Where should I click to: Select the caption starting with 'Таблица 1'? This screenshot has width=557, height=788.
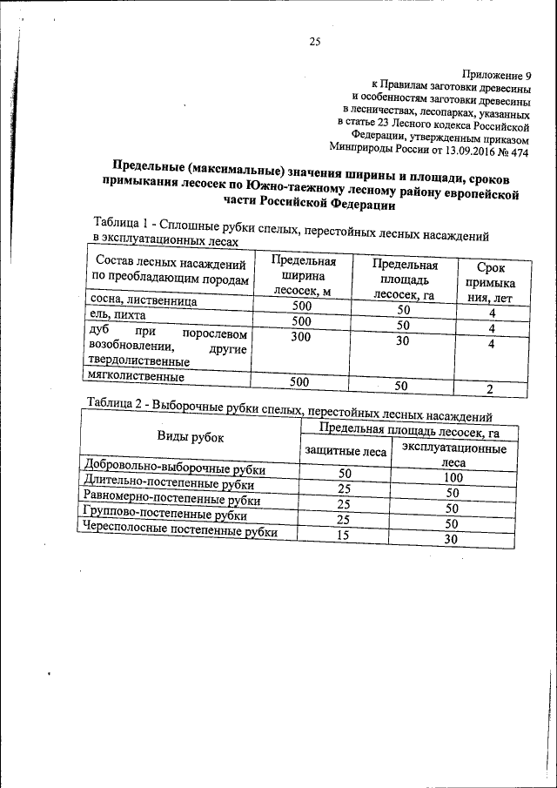(287, 228)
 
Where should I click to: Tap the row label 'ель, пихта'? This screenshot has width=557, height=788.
(118, 315)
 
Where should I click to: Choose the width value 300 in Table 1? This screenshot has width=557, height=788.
(301, 336)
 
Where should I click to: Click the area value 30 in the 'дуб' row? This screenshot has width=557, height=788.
(402, 341)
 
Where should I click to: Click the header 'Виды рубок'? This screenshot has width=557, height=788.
(190, 437)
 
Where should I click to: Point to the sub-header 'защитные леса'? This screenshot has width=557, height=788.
(345, 450)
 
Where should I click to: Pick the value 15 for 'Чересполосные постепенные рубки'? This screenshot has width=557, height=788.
(343, 535)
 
